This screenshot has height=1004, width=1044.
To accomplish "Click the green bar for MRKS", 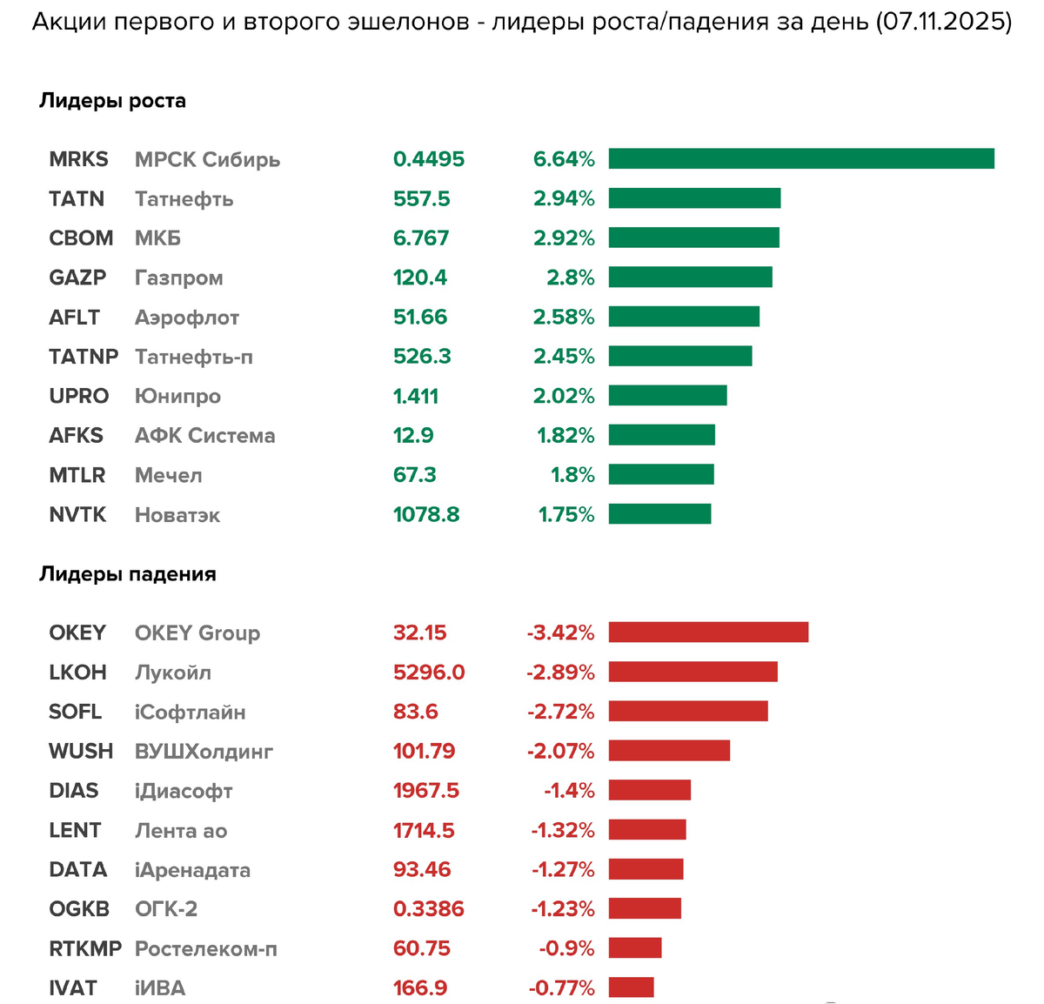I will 800,158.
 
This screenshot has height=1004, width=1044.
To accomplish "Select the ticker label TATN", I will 77,198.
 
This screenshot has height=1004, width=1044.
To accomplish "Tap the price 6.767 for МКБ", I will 421,238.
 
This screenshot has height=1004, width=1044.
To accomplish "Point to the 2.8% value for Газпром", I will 571,278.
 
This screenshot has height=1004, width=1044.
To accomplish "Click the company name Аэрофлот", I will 187,318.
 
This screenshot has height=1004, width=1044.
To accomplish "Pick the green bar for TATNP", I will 680,356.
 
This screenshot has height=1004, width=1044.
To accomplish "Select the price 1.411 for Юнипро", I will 416,396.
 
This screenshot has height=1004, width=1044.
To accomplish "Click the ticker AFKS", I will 77,435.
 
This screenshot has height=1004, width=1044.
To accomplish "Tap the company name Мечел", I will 169,475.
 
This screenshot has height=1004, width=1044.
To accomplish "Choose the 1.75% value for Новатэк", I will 566,514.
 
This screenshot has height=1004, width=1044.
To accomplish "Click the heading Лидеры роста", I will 112,101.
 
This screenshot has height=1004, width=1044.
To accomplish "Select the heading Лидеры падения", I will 128,574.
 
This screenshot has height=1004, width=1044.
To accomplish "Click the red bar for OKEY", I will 708,633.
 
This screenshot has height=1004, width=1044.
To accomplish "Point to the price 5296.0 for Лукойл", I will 429,673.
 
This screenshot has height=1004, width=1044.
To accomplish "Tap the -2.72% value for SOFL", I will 561,712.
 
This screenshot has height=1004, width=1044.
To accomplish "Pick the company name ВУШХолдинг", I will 204,752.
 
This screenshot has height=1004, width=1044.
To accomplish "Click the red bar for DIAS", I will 649,790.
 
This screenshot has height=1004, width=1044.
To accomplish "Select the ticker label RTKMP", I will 85,948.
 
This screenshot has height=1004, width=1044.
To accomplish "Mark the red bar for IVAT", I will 631,987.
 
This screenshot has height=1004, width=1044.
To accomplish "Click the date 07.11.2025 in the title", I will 944,22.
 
